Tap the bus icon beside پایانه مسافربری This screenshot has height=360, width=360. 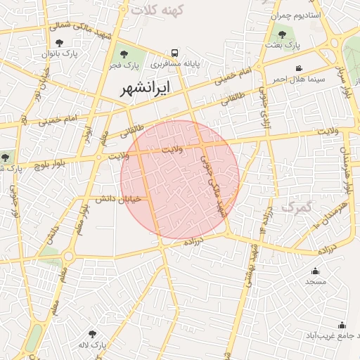(174, 53)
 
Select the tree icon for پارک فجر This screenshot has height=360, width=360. (124, 53)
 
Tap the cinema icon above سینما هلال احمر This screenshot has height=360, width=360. (300, 68)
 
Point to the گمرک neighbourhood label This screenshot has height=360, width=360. (295, 207)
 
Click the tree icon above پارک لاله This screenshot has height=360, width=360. (92, 334)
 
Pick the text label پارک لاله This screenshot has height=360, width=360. (92, 346)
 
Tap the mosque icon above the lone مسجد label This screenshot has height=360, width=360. (314, 271)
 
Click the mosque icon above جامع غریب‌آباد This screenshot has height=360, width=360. (342, 325)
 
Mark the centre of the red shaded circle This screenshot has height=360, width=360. (180, 180)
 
